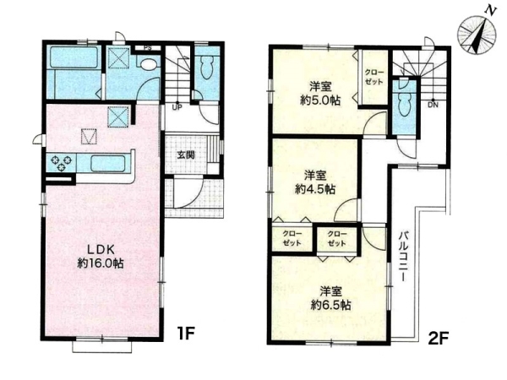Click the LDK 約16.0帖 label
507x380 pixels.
coord(101,257)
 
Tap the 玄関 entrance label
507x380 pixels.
coord(186,155)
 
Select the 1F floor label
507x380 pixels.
coord(185,334)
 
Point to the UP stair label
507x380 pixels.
coord(177,107)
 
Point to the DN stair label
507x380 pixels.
coord(433,105)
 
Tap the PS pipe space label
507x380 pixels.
coord(148,48)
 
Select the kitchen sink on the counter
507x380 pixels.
coord(107,164)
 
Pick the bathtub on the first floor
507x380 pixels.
coord(74,57)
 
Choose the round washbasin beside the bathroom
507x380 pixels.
coord(149,65)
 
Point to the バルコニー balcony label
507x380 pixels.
coord(402,256)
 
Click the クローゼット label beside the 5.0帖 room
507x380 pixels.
coord(373,77)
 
